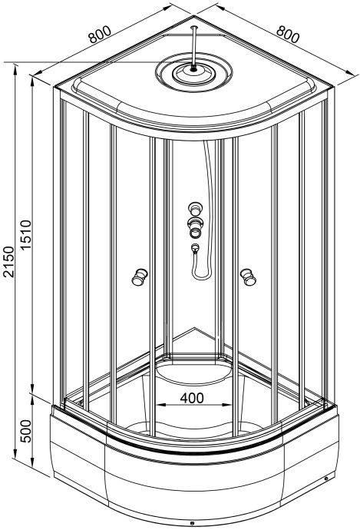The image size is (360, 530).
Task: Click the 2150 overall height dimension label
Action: click(x=8, y=262)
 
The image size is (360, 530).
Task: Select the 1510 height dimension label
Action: click(x=25, y=235)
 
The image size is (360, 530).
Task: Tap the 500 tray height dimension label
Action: click(x=25, y=432)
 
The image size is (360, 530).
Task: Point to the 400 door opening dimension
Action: click(x=192, y=398)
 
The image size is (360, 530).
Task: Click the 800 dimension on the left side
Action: click(x=100, y=34)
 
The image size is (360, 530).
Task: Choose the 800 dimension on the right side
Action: click(x=288, y=34)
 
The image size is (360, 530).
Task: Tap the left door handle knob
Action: click(x=139, y=277)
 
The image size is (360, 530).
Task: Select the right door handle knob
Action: click(x=248, y=277)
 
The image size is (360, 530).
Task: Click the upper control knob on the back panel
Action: click(x=195, y=208)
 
